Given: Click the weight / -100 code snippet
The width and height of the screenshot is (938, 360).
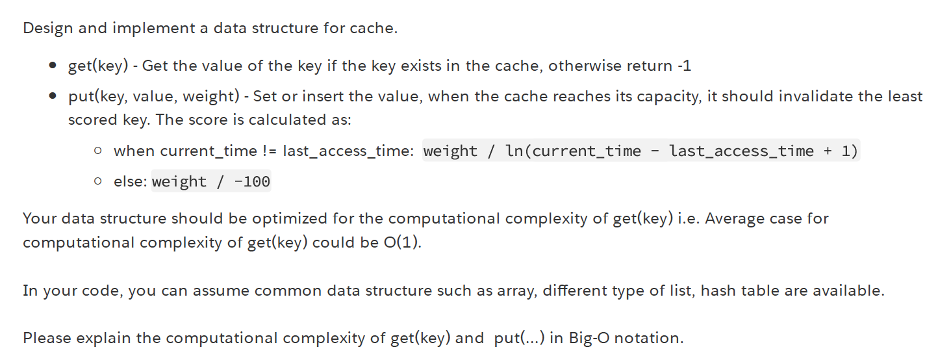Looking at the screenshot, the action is click(211, 181).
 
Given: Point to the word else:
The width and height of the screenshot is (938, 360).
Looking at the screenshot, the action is click(131, 181).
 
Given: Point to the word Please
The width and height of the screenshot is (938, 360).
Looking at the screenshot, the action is click(45, 338).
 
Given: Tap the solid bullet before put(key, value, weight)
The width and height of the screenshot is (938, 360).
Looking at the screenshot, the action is click(53, 97).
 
